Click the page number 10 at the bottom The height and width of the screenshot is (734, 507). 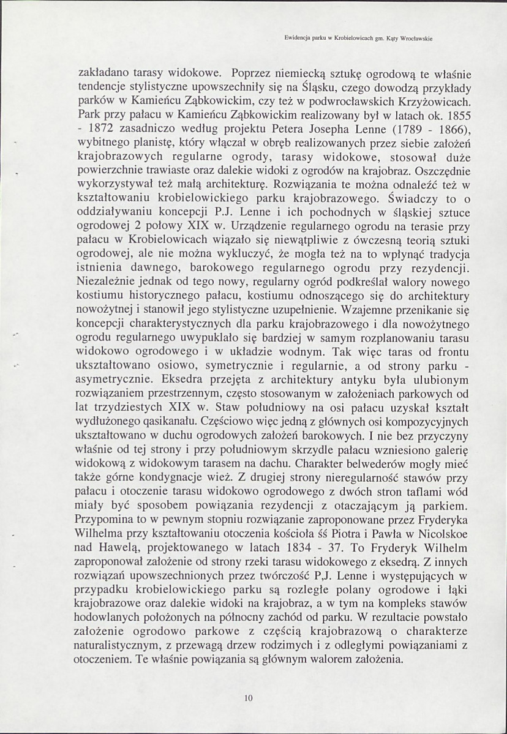click(249, 697)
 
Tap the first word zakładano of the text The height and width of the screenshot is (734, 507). click(105, 73)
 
